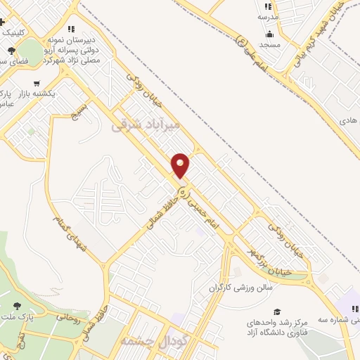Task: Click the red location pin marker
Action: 181,165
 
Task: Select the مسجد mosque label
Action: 269,44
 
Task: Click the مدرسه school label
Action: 268,16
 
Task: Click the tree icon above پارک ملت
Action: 17,307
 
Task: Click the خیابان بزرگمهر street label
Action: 268,259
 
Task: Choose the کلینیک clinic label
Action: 16,32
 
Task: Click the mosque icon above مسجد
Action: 269,34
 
